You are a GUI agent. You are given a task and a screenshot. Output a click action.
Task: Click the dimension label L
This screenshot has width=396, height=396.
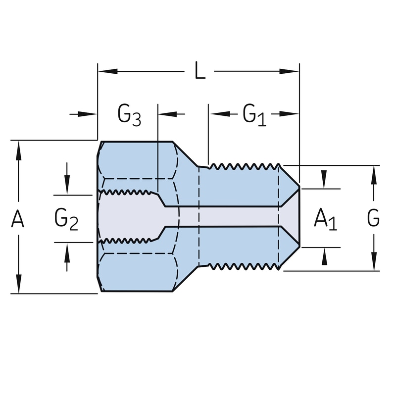(x=200, y=72)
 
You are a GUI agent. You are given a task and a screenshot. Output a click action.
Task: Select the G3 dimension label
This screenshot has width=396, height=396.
(x=129, y=114)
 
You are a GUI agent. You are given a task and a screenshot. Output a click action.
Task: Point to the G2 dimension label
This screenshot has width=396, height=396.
(x=66, y=218)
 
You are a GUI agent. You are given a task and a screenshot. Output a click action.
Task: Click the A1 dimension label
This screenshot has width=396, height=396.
(x=325, y=218)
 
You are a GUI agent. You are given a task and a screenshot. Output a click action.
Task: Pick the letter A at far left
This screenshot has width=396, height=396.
(x=18, y=218)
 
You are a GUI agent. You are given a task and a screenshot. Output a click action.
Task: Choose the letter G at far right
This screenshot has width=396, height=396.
(x=374, y=218)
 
